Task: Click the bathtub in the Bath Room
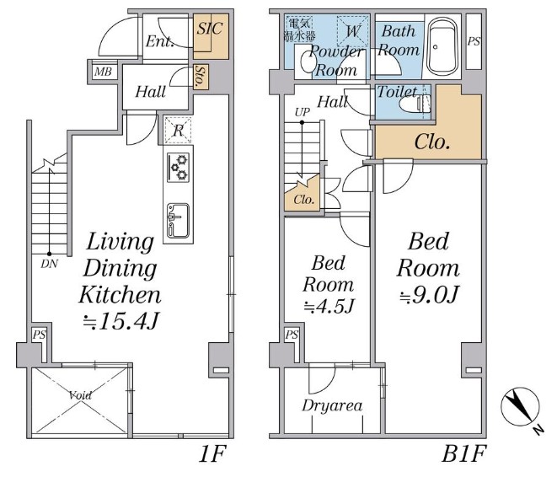coord(442,46)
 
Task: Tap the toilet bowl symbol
coord(415,104)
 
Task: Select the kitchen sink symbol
coord(178,221)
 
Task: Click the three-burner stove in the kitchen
coord(178,167)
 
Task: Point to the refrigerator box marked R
coord(178,131)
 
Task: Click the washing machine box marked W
coord(353,31)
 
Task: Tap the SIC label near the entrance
coord(210,29)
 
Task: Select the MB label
coord(103,72)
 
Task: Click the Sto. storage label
coord(201,77)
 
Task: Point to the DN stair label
coord(50,264)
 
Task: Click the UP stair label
coord(303,112)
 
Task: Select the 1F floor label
coord(212,453)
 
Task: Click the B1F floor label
coord(463,453)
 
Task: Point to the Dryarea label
coord(332,405)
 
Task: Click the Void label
coord(80,395)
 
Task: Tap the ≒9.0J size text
coord(429,294)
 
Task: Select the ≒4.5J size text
coord(329,306)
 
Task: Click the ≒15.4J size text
coord(121,321)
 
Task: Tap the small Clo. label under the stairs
coord(304,200)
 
